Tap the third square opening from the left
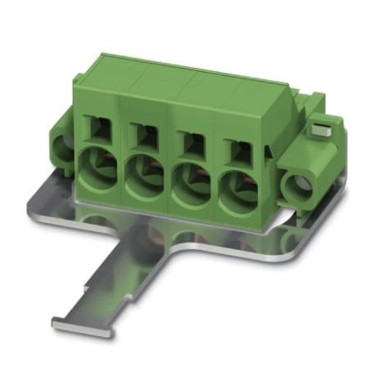pos(189,140)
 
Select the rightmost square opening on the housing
pos(238,147)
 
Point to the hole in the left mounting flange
pos(61,149)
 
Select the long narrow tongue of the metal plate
pos(114,278)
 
